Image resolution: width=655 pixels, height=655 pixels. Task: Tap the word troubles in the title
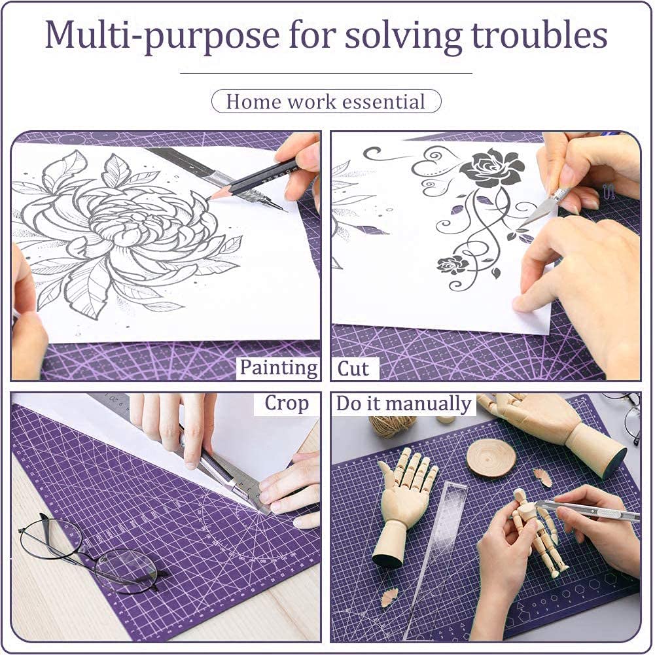(x=539, y=34)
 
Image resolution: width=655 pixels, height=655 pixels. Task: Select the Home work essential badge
(x=327, y=101)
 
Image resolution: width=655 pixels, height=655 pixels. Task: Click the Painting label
(x=278, y=368)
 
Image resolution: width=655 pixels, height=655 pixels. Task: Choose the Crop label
(x=287, y=404)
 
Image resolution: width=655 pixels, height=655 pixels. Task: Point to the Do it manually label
(x=404, y=404)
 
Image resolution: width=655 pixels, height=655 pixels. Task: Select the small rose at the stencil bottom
(x=453, y=265)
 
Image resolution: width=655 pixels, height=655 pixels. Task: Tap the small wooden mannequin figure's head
(x=522, y=497)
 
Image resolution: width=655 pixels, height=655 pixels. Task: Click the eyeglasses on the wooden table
(x=88, y=554)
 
